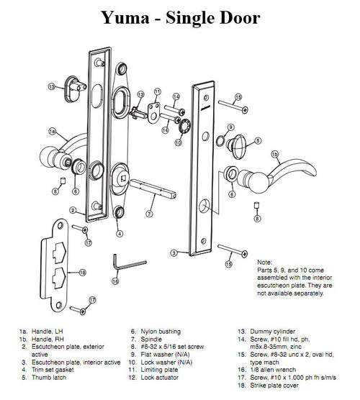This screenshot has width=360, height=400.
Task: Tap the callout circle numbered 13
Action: click(x=52, y=86)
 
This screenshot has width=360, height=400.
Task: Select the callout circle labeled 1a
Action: click(x=52, y=132)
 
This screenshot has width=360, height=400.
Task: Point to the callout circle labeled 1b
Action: click(x=274, y=154)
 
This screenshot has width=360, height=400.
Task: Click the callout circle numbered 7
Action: click(x=149, y=214)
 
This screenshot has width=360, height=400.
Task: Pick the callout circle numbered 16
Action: click(x=115, y=281)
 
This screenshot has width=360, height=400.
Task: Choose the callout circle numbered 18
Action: click(x=83, y=273)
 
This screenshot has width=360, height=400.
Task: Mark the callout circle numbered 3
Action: click(x=174, y=253)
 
